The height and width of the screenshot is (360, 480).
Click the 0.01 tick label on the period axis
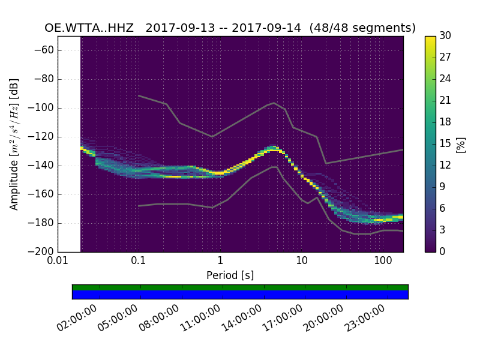tap(58, 262)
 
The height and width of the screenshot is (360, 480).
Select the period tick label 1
tap(220, 262)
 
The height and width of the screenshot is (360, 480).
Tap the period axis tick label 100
tap(383, 262)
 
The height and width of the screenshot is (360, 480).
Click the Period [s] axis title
tap(230, 275)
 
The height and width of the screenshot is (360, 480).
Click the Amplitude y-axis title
tap(14, 144)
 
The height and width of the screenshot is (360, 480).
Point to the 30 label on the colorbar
tap(445, 36)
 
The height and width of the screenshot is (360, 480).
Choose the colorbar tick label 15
tap(445, 143)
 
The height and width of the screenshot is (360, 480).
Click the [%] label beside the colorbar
tap(461, 144)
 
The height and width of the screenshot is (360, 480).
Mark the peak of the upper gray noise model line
tap(274, 103)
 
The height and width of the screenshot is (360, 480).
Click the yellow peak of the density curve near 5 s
tap(273, 148)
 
